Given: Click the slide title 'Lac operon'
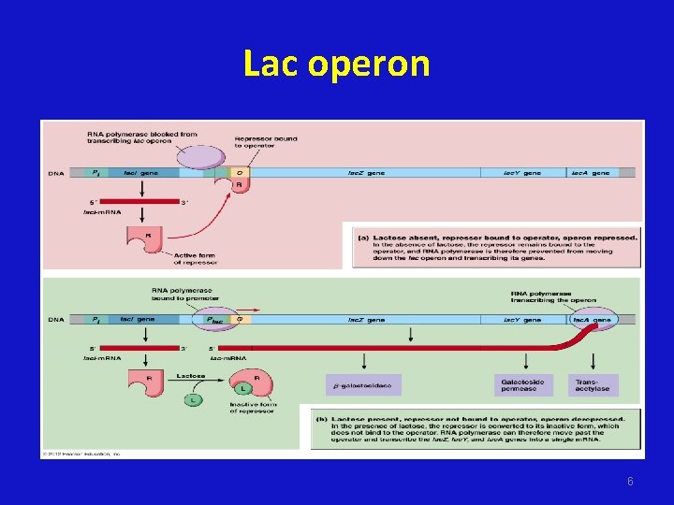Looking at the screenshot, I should (336, 64).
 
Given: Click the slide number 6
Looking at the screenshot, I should (630, 481).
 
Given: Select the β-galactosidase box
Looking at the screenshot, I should (365, 384).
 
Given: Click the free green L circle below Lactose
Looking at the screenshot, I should (192, 399).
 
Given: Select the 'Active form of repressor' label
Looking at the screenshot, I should (195, 259).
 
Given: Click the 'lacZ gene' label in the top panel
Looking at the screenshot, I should (366, 173).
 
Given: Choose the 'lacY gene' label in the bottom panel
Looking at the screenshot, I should (521, 320).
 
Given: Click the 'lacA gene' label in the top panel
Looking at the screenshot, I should (591, 173).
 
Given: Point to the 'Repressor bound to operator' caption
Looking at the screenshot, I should (266, 142).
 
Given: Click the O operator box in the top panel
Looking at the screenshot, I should (240, 172).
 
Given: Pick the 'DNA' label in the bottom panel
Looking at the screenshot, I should (56, 320).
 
